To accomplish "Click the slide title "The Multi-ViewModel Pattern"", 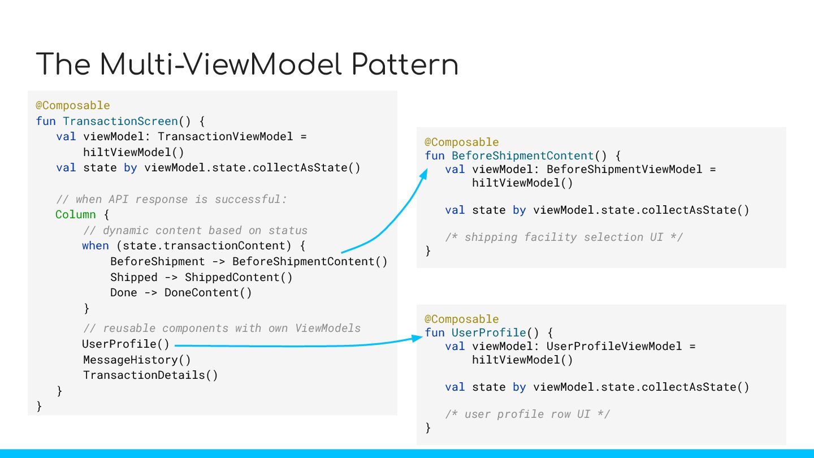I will tap(247, 64).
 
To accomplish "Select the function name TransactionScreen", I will tap(120, 121).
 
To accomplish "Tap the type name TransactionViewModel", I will tap(225, 137).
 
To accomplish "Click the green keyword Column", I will tap(76, 215).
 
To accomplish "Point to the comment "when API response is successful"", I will tap(172, 199).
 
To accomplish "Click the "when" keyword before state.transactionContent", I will tap(95, 245).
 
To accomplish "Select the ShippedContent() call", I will tap(239, 277).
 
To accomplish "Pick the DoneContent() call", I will tap(208, 292).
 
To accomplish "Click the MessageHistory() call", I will tap(137, 360).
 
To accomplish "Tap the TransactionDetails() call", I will tap(150, 375).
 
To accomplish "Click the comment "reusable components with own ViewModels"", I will tap(222, 328).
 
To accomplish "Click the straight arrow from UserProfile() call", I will tap(294, 344).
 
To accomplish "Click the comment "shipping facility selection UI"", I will tap(564, 237).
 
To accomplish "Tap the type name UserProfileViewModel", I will tap(614, 346).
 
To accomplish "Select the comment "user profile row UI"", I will tap(527, 414).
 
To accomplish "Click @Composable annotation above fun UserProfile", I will tap(461, 319).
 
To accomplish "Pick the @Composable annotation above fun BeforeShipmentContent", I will tap(461, 142).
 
